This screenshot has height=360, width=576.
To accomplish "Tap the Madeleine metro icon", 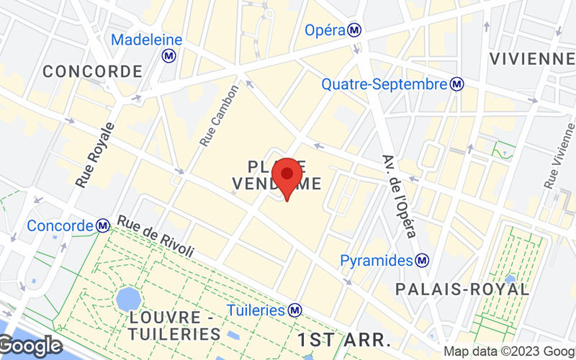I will point(170,55).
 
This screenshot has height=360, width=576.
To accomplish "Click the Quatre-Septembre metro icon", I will point(457,85).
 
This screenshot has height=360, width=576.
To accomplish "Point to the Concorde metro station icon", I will point(104,226).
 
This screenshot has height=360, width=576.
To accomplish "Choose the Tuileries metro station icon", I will point(294,310).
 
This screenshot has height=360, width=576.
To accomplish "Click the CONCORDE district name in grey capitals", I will point(92,71).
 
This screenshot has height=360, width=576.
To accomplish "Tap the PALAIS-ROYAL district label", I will point(462,289).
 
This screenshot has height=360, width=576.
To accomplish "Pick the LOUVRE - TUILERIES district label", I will point(176,325).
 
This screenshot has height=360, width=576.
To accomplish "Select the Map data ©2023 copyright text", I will point(508,351).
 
